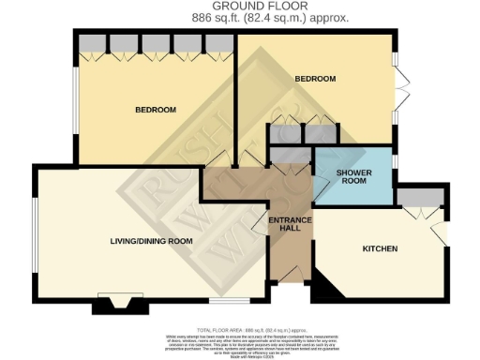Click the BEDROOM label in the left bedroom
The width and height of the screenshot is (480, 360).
[x=156, y=111]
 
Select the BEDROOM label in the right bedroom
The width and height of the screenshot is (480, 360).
[x=316, y=79]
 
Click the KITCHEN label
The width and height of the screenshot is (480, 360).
[x=380, y=248]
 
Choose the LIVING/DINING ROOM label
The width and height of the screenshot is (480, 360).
[x=152, y=241]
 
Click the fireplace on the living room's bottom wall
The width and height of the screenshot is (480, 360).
[x=116, y=305]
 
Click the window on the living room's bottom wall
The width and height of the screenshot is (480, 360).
[x=222, y=301]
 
